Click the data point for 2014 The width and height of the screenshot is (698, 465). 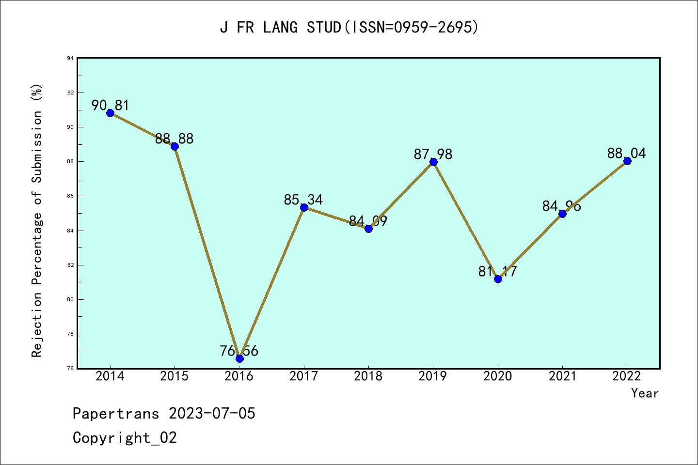coord(110,113)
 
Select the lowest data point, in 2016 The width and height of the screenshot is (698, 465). coord(239,358)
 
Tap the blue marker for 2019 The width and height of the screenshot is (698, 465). coord(433,162)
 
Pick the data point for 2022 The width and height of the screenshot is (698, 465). coord(627,161)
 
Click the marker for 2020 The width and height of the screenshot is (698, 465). coord(498,279)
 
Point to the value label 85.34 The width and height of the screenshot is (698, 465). coord(303,200)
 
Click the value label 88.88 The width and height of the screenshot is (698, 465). coord(174,139)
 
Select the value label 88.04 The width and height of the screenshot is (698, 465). coord(627,154)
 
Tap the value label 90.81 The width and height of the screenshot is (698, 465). coord(111,105)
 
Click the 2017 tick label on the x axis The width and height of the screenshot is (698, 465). coord(304,376)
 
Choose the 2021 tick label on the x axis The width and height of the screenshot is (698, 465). coord(562,376)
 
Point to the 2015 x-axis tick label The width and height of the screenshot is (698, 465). coord(174,376)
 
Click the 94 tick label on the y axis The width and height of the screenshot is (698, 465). coord(71,59)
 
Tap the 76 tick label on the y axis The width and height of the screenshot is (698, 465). coord(71,369)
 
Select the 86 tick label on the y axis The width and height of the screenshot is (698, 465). coord(71,196)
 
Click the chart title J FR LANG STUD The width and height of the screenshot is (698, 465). coord(349,28)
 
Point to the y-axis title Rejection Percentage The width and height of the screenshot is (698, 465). coord(37,221)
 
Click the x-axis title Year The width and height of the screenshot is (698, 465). coord(645,393)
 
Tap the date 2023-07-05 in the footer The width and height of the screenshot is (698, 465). coord(212,414)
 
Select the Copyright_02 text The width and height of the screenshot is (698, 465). coord(125,438)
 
